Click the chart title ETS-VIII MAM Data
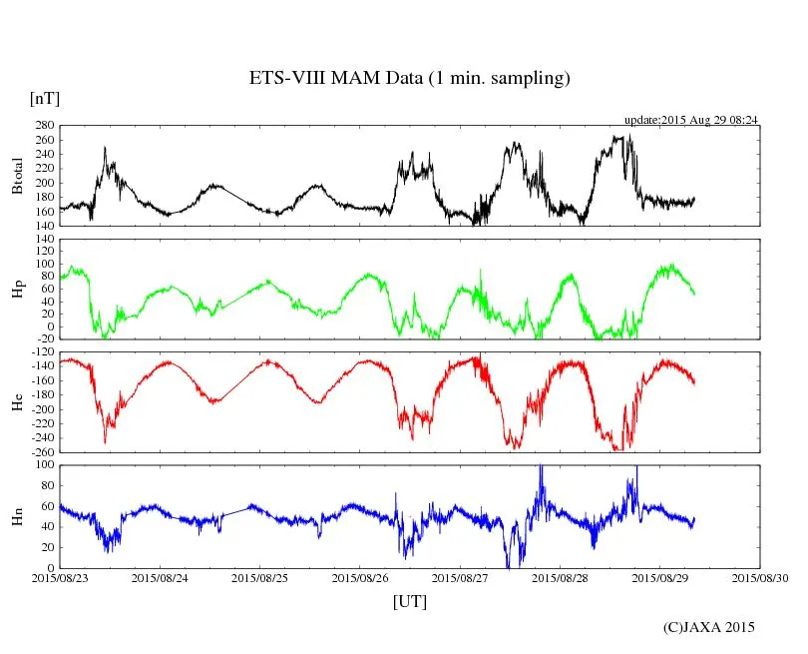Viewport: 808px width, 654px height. tap(409, 78)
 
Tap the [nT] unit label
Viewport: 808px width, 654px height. tap(45, 98)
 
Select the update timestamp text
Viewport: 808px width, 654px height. tap(691, 120)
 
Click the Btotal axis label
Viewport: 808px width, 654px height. tap(17, 176)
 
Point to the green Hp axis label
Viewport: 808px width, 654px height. tap(17, 289)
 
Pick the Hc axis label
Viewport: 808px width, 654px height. tap(17, 401)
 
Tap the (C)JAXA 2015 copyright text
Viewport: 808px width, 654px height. tap(709, 627)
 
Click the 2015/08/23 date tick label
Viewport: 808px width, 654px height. tap(60, 577)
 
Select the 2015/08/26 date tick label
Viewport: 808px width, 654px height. tap(360, 577)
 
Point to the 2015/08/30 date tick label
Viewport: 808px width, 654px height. tap(760, 577)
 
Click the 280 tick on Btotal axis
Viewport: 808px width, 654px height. tap(44, 126)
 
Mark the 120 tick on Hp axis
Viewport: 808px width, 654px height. tap(44, 239)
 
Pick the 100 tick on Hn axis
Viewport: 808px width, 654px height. tap(44, 464)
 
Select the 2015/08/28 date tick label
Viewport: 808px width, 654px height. tap(561, 577)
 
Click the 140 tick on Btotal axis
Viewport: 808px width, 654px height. tap(44, 226)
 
